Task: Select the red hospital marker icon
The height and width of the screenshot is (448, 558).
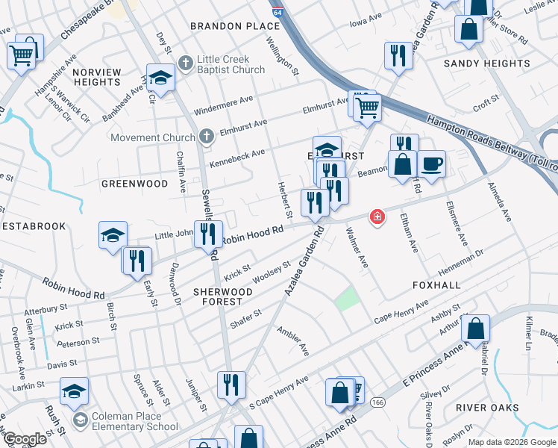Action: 378,217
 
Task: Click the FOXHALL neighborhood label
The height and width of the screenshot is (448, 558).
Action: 436,285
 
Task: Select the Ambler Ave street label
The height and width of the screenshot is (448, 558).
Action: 292,340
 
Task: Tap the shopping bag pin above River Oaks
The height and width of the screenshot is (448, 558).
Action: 474,328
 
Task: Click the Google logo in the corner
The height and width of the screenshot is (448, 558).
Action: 25,440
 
